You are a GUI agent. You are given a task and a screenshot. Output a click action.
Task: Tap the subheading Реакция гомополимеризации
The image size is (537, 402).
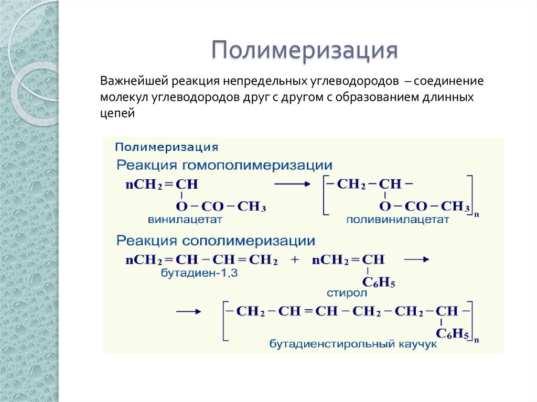tap(224, 166)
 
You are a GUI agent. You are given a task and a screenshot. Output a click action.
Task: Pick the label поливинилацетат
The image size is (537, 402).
tap(397, 220)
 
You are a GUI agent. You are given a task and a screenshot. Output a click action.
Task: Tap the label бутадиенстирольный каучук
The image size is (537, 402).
tap(353, 344)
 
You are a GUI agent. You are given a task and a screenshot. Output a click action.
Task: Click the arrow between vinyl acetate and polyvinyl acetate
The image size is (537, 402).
tap(293, 183)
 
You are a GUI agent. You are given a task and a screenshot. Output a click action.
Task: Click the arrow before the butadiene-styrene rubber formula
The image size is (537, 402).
tap(188, 311)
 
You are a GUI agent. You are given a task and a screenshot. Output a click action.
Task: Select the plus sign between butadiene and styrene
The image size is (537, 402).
tap(294, 259)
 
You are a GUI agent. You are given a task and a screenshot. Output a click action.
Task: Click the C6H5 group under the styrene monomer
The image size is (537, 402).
tap(378, 284)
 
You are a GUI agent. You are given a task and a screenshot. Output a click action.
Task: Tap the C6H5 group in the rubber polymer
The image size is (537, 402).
tap(453, 333)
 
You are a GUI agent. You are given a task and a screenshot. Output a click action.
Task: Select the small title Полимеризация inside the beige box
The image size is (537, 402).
tap(166, 146)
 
